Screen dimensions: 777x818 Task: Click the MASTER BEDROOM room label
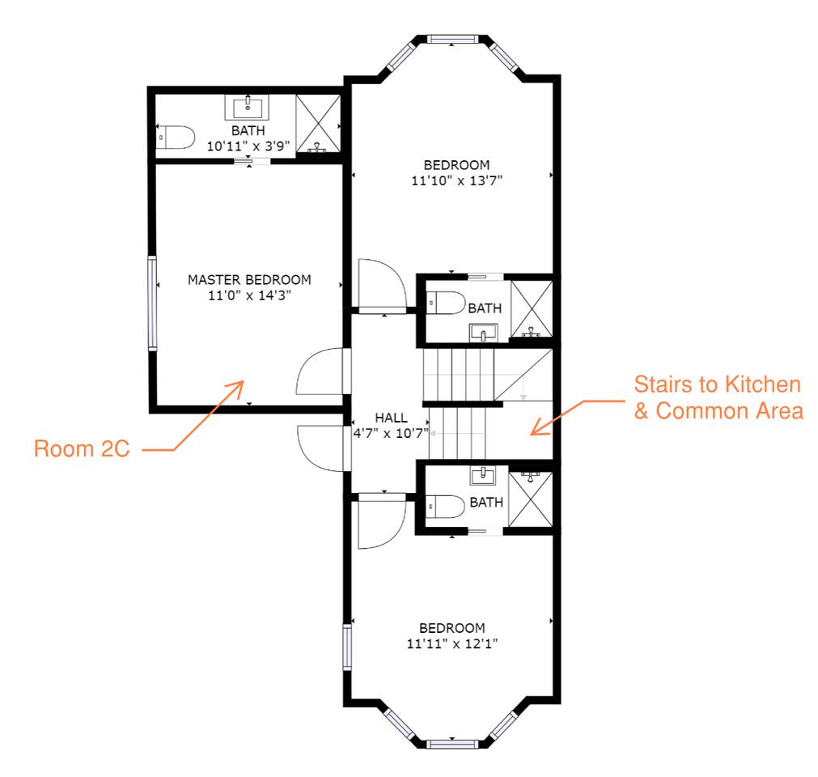tap(248, 279)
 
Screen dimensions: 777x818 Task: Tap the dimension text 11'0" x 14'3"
tap(248, 295)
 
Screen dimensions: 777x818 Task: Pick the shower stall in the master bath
tap(318, 123)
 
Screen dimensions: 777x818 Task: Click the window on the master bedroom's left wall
tap(151, 303)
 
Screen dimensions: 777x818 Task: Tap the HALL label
tap(391, 418)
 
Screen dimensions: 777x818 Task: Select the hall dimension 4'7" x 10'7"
tap(391, 432)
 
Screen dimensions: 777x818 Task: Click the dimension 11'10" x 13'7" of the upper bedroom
tap(456, 181)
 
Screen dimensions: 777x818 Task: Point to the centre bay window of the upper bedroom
tap(453, 39)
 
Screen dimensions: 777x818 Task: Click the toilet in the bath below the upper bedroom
tap(446, 303)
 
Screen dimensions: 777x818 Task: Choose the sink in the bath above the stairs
tap(485, 332)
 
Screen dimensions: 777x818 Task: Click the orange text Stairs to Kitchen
tap(717, 384)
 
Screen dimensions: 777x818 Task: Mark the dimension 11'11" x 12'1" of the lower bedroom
tap(451, 644)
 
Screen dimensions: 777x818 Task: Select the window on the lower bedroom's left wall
tap(347, 647)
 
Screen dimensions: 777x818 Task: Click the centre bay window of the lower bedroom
tap(452, 743)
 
